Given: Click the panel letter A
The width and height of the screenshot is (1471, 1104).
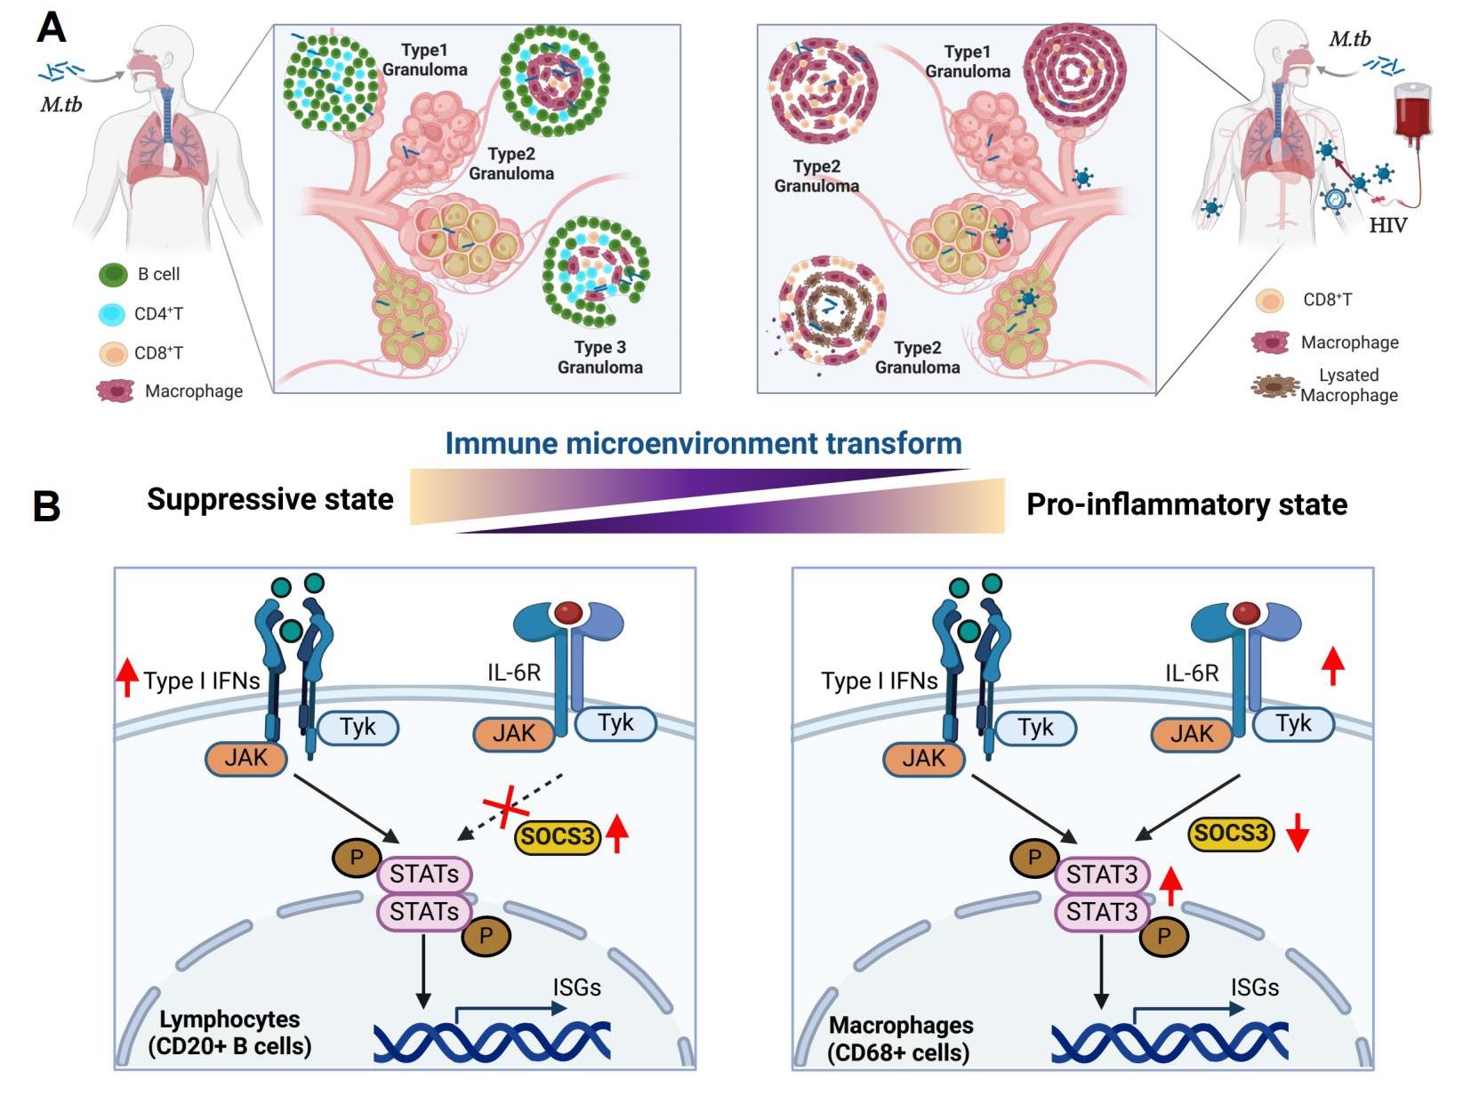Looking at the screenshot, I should pos(51,28).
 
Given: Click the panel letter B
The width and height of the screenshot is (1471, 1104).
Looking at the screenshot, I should pos(46,506).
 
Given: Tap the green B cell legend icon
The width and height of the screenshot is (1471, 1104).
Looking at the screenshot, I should pos(113,275).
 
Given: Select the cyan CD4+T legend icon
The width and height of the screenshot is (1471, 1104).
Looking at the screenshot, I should pos(112,314).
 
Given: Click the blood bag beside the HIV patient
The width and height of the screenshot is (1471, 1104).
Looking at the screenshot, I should pos(1411,111).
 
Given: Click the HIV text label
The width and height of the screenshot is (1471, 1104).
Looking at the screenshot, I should pos(1387,225).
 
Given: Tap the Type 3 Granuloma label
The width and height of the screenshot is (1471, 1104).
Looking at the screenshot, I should pos(599,357).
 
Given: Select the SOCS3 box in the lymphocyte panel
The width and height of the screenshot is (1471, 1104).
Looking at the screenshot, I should pos(558,836).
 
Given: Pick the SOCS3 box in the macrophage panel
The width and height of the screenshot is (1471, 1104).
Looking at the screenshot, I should pos(1231,834).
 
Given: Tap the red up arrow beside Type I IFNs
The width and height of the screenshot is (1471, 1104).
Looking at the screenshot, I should pos(127,677).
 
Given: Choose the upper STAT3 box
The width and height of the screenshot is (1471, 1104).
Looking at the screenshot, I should pos(1102,874).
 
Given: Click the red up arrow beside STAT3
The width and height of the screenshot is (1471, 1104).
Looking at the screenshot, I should pos(1170,885).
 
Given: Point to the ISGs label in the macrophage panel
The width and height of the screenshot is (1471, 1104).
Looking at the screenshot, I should pos(1254,987).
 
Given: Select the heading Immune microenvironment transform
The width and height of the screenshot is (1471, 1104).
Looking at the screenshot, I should pos(703,443).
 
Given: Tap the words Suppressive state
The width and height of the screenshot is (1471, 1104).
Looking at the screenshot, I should pos(269,499).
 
